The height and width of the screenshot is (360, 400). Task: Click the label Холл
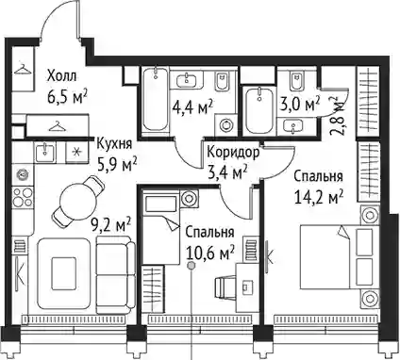click(62, 76)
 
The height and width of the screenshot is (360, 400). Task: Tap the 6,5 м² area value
click(67, 97)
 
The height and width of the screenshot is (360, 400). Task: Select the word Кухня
click(114, 144)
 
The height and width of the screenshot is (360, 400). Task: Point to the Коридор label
click(234, 153)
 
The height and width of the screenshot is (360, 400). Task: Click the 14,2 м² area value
click(319, 198)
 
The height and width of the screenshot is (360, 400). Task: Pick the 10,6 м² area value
click(210, 253)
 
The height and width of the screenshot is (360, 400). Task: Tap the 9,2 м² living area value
click(111, 226)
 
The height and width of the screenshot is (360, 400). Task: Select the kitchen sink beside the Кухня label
click(45, 152)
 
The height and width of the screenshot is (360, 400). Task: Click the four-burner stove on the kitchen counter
click(23, 197)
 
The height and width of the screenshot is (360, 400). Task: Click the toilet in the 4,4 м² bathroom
click(223, 81)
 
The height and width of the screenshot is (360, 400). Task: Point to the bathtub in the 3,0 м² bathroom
click(259, 111)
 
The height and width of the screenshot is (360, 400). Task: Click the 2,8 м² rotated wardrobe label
click(336, 114)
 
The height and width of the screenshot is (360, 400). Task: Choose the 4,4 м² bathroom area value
click(192, 107)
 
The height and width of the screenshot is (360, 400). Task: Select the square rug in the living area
click(64, 273)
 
